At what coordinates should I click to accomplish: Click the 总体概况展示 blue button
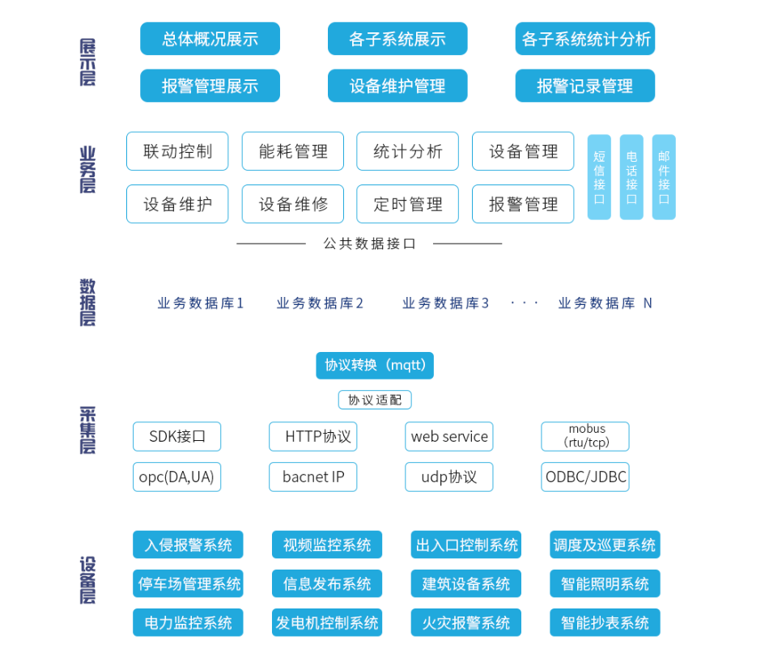210,39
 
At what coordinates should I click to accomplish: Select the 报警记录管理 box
584,86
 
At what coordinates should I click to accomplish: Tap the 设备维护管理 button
397,86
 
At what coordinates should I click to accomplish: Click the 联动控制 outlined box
177,151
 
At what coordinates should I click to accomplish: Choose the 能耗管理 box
293,151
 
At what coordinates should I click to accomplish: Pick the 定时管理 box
408,204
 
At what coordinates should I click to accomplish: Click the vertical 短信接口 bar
599,177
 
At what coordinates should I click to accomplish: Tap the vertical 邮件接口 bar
664,177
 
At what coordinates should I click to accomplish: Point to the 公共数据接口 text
369,244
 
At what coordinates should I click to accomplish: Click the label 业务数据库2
320,303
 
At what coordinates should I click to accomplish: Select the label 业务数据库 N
605,303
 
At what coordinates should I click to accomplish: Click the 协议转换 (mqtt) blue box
375,365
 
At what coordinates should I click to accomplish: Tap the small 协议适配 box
375,400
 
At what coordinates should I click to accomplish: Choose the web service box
449,437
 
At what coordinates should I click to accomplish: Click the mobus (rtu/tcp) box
585,437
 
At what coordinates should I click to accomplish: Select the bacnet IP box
313,477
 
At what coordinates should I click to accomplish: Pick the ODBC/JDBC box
585,477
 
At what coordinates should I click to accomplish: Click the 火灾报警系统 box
466,623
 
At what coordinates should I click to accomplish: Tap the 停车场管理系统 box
189,583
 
